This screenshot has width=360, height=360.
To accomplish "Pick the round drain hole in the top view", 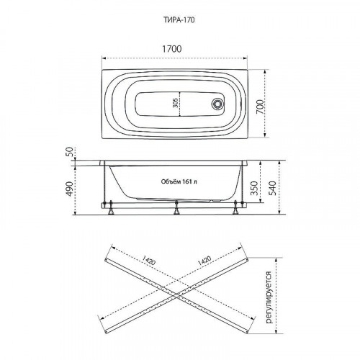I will [x=215, y=103].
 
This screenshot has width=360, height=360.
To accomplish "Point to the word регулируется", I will [x=268, y=295].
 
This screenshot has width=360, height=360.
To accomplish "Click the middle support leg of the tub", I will [x=176, y=210].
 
